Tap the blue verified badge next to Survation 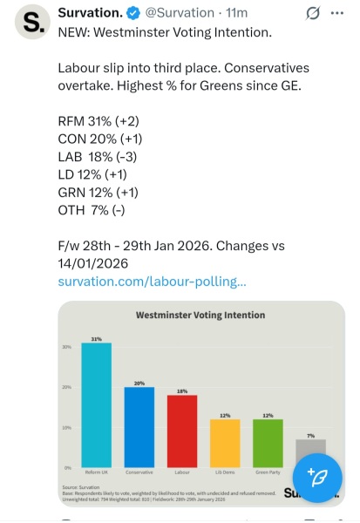click(x=139, y=14)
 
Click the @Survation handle click(x=187, y=14)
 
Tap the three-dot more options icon click(x=344, y=14)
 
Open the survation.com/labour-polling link click(x=152, y=282)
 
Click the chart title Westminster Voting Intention click(x=200, y=315)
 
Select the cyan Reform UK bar click(x=97, y=404)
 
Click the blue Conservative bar click(x=139, y=426)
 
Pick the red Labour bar click(x=181, y=431)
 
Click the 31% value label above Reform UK click(x=97, y=337)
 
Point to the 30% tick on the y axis click(x=66, y=346)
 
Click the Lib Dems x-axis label click(x=225, y=472)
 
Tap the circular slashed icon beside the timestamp click(x=312, y=14)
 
